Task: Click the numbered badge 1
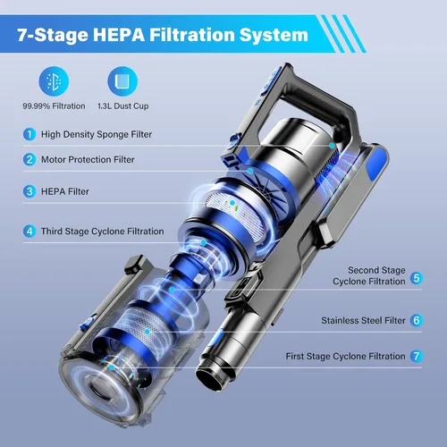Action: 30,134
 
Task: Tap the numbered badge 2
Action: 30,159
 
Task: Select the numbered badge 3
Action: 30,191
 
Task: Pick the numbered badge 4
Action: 30,232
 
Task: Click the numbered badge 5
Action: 417,278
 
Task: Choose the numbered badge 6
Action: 417,320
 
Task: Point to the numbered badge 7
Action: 417,356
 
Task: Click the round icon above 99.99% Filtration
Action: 54,81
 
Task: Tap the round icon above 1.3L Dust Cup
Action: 122,81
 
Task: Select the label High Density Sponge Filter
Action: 97,134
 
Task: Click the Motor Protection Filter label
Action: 88,159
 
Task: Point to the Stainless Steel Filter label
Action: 363,320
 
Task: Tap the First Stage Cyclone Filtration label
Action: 345,356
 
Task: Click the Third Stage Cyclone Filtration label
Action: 103,232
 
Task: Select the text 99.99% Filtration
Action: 54,106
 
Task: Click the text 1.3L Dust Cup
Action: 122,106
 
